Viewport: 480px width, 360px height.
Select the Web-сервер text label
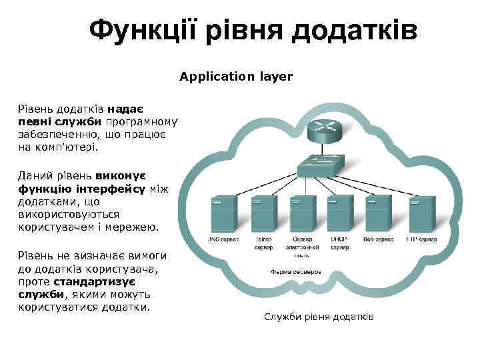point(379,239)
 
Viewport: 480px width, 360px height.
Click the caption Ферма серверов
point(296,272)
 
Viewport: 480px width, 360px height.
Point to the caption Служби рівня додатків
point(319,317)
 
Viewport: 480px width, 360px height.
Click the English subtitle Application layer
point(236,77)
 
